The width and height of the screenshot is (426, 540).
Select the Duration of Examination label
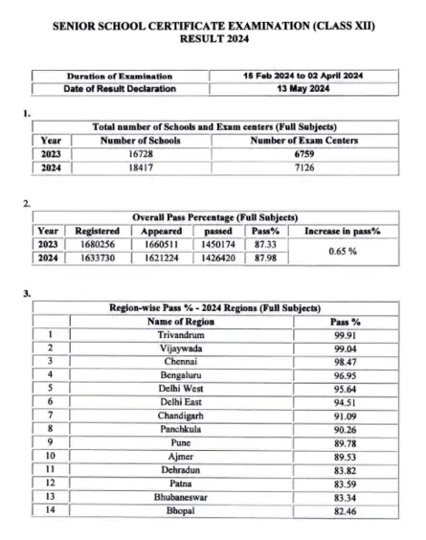coord(120,76)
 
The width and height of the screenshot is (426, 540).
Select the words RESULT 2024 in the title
coord(213,41)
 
